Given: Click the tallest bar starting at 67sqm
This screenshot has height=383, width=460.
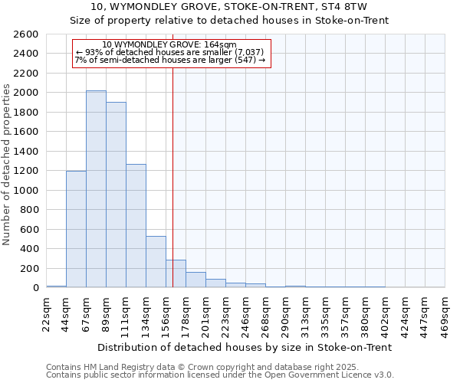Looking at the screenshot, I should coord(96,189).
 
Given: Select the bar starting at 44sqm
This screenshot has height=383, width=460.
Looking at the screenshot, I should coord(76,229).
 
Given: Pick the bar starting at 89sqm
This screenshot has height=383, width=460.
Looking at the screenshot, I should coord(116,195).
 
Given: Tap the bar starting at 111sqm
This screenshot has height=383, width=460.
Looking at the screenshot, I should coord(136,226).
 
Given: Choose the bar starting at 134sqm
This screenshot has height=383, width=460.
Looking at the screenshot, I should coord(156,261).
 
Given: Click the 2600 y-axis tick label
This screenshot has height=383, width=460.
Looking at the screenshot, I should coord(26,34).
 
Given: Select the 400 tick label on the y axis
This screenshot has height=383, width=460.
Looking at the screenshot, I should coord(29,249).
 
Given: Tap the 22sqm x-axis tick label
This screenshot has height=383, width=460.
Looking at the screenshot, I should coord(46,313).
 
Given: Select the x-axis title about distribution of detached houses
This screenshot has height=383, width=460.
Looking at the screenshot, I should coord(245,347).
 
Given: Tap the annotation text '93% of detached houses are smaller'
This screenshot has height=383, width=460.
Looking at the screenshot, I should coord(169,52).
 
